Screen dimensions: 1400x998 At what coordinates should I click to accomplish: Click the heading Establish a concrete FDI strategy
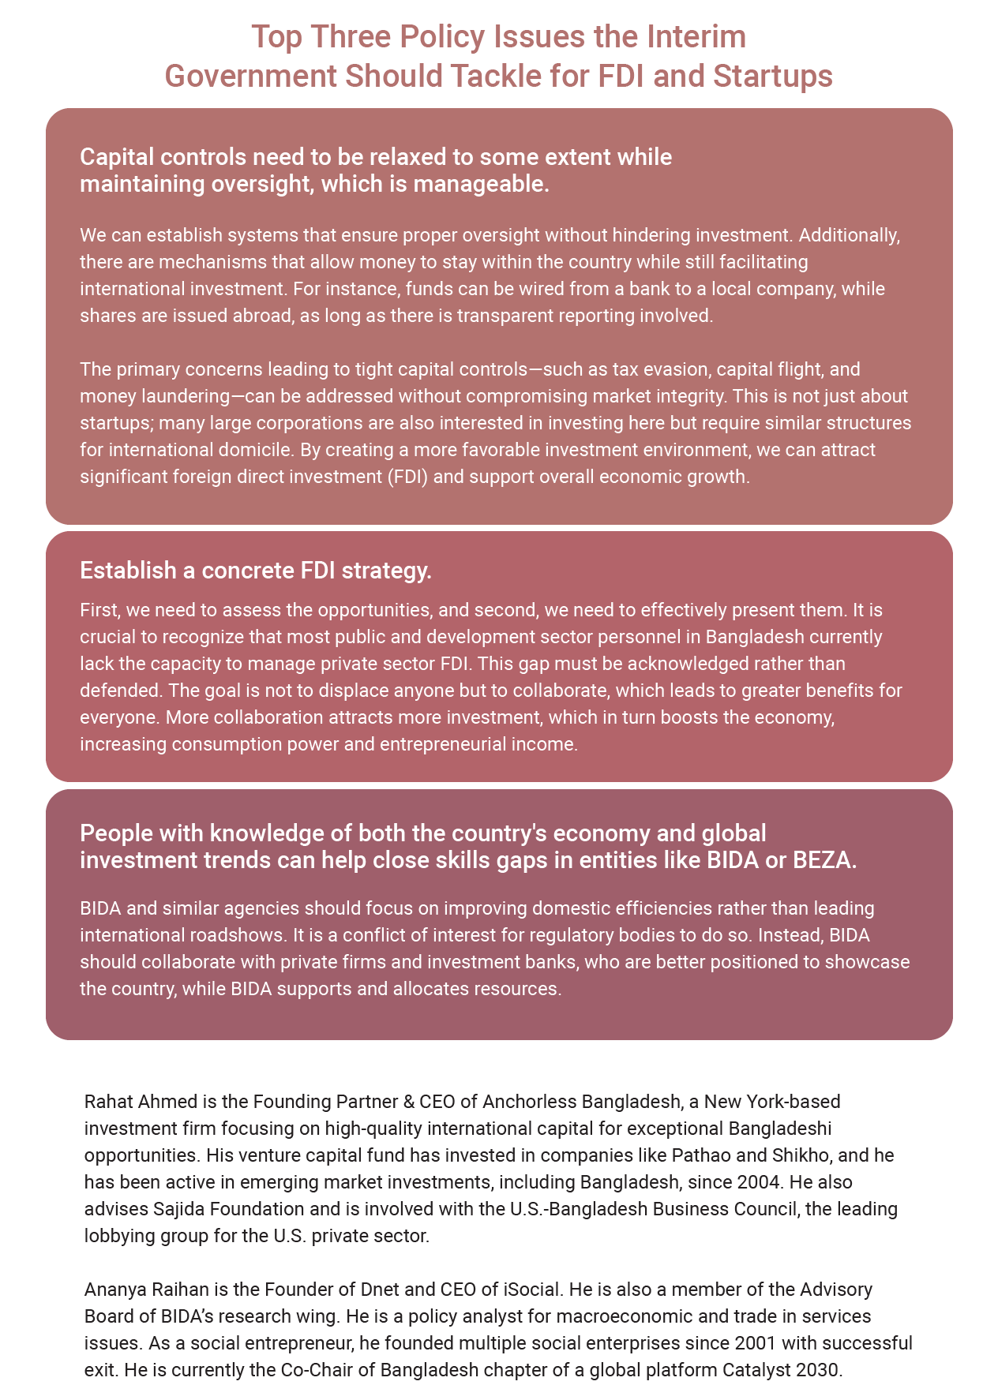[256, 571]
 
